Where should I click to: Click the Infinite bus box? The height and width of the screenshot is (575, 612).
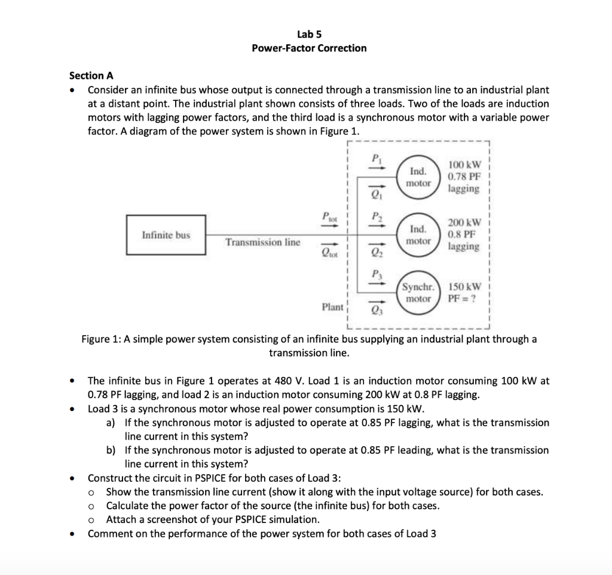[x=166, y=235]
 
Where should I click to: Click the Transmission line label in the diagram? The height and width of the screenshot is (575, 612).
[x=263, y=242]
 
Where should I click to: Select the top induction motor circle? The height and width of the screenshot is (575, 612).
[x=418, y=177]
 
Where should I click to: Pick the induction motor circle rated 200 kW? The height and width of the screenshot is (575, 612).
[x=418, y=235]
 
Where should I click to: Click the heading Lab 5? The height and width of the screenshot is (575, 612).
[x=309, y=34]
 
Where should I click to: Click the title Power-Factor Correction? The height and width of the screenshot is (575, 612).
[x=309, y=48]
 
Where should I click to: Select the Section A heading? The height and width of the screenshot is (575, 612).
[x=91, y=75]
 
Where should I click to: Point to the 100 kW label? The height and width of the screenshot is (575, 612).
[x=464, y=164]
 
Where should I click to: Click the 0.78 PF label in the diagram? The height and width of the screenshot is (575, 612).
[x=464, y=176]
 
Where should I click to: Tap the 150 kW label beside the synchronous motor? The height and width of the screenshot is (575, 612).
[x=466, y=286]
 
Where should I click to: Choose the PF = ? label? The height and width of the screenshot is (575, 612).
[x=463, y=298]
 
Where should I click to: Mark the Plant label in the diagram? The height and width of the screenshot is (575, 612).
[x=332, y=307]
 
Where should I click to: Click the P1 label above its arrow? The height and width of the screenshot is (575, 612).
[x=376, y=159]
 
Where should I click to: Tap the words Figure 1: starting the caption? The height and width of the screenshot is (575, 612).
[x=101, y=339]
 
